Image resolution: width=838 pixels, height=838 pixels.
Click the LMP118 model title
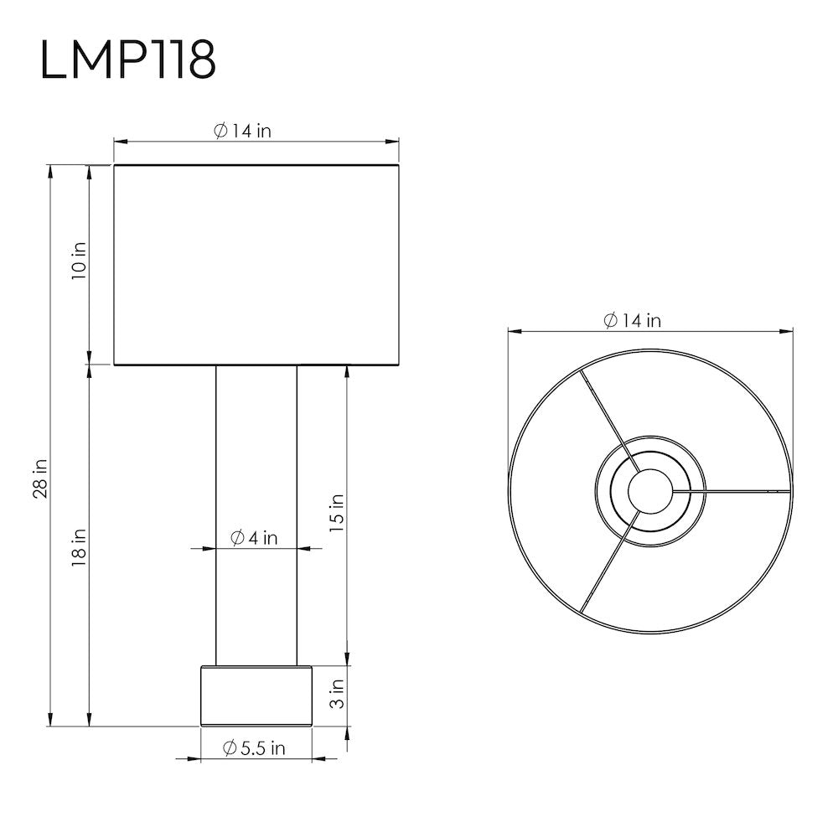(x=127, y=59)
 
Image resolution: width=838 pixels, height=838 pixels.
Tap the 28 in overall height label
(x=40, y=478)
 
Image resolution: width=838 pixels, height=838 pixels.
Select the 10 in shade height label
(x=79, y=261)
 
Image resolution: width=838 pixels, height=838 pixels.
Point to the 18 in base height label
(x=79, y=548)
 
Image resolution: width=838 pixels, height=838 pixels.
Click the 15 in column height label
(x=336, y=513)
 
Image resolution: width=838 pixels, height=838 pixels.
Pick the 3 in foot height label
(x=337, y=694)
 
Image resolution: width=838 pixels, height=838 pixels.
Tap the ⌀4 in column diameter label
(x=255, y=538)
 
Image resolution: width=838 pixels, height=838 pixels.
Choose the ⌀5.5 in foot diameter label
(x=255, y=748)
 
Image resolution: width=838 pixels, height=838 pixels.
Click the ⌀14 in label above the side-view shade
(x=243, y=131)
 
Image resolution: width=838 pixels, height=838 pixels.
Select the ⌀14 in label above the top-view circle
(x=633, y=321)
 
